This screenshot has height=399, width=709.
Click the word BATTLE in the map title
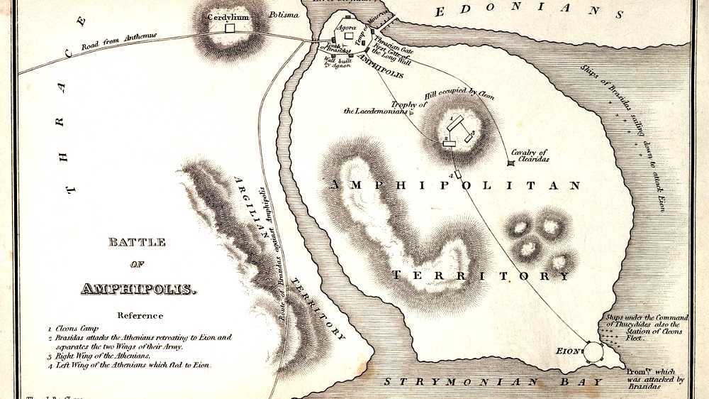pyautogui.click(x=137, y=243)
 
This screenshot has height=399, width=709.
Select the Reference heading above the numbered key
pyautogui.click(x=140, y=316)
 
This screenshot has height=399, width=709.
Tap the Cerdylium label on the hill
pyautogui.click(x=228, y=16)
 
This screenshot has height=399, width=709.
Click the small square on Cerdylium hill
pyautogui.click(x=229, y=28)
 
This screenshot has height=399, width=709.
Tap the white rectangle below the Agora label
pyautogui.click(x=349, y=35)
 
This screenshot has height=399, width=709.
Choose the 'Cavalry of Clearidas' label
pyautogui.click(x=528, y=156)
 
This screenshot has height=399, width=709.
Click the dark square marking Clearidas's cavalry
pyautogui.click(x=510, y=164)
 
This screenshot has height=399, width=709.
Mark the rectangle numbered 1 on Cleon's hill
pyautogui.click(x=457, y=121)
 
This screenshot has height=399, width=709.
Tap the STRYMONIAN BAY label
pyautogui.click(x=493, y=382)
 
